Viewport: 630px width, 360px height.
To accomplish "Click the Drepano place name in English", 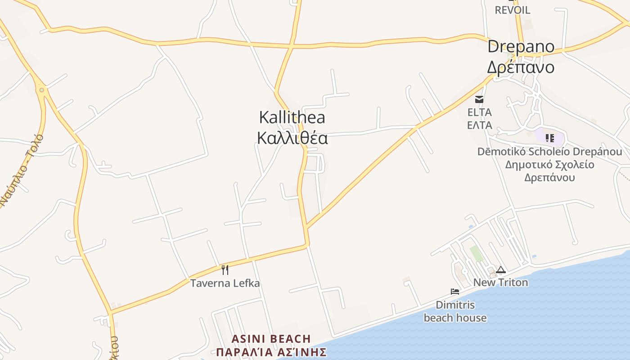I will pos(521,47).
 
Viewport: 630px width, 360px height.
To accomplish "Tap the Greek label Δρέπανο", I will pos(521,67).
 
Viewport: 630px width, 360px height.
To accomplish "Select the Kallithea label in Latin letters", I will pos(292,117).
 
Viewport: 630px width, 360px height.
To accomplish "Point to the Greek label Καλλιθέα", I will pos(292,138).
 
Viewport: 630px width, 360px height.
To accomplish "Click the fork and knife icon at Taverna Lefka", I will pos(225,270).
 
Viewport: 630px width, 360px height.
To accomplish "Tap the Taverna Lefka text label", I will pos(225,283).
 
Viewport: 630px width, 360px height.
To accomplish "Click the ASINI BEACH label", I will pos(271,339).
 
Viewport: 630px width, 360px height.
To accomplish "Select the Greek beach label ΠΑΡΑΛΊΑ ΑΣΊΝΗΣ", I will pos(271,351).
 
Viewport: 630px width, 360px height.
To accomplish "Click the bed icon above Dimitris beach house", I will pos(455,292).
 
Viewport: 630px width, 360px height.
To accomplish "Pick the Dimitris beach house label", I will pos(455,311).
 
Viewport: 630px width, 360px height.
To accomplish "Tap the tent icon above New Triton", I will pos(501,270).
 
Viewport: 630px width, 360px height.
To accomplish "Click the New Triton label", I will pos(501,283).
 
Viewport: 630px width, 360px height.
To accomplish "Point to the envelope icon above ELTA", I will pos(479,99).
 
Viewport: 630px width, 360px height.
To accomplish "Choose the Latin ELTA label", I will pos(479,112).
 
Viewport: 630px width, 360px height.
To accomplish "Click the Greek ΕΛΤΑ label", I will pos(479,125).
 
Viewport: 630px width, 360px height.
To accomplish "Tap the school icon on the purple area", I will pos(549,138).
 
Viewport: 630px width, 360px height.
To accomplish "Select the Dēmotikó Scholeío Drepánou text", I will pos(549,152).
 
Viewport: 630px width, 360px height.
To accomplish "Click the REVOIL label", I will pos(513,10).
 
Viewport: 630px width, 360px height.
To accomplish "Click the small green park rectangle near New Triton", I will pos(476,253).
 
